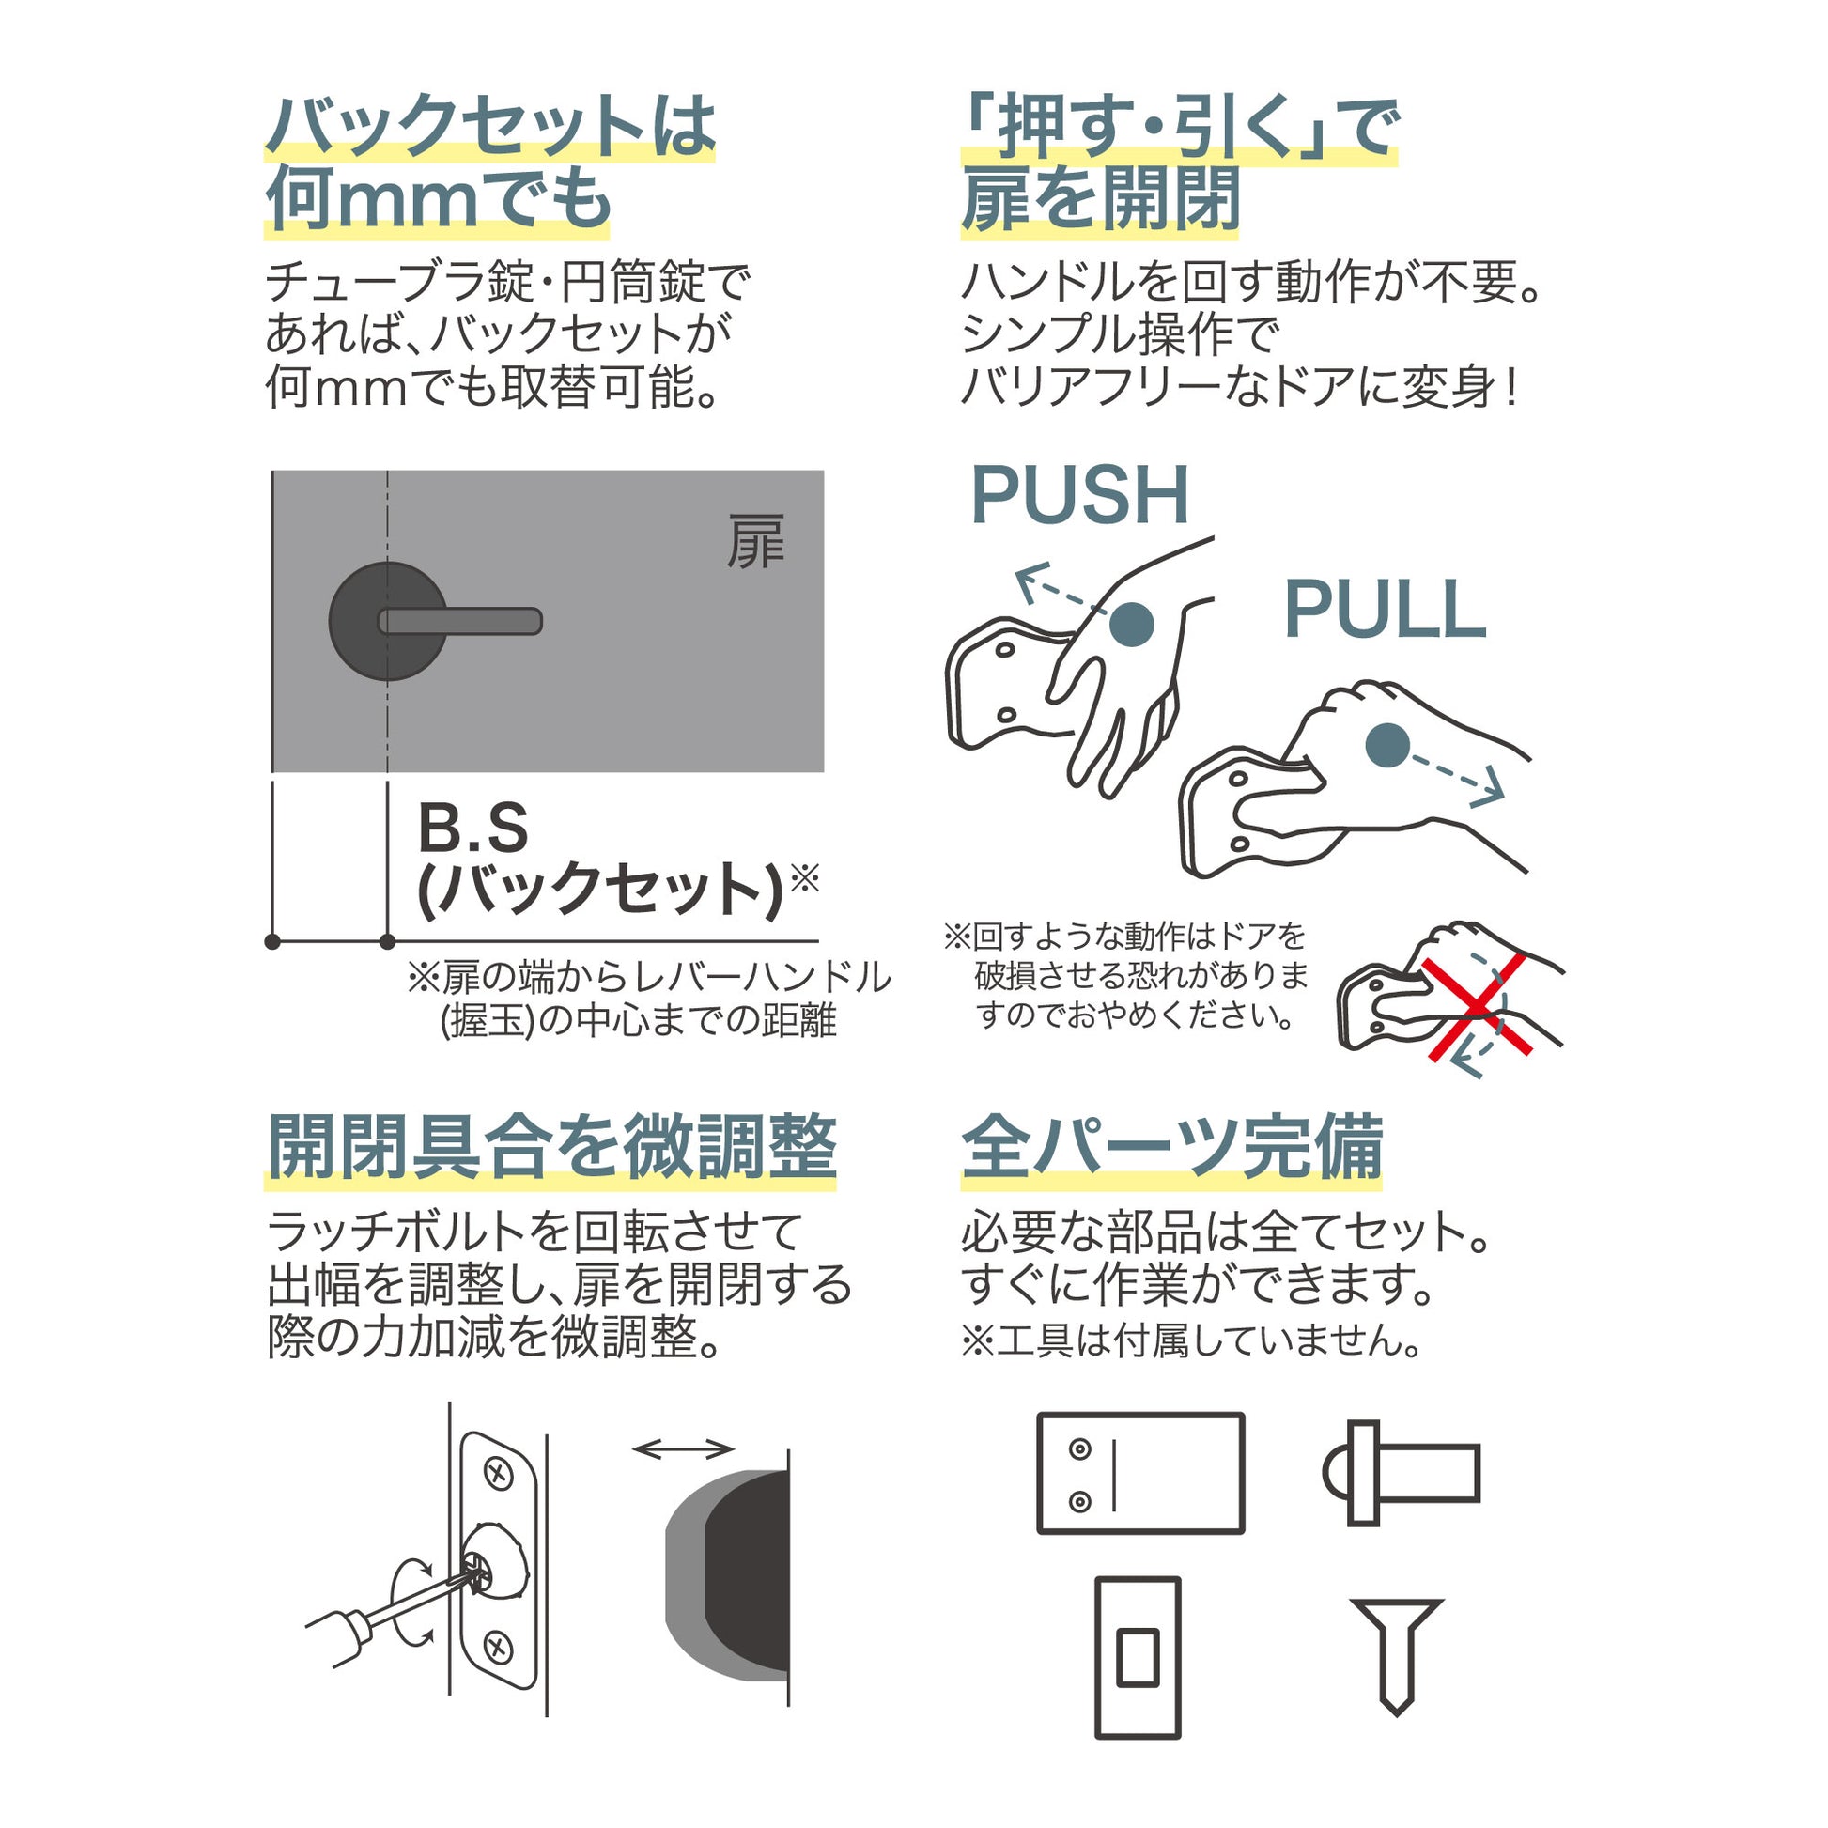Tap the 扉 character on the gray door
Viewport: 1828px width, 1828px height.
pyautogui.click(x=754, y=542)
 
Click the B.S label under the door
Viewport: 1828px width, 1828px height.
pyautogui.click(x=472, y=828)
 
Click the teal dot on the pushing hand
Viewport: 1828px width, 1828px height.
pyautogui.click(x=1131, y=625)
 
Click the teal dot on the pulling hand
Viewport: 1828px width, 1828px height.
pyautogui.click(x=1388, y=745)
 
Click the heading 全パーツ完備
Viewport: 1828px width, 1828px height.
pyautogui.click(x=1171, y=1148)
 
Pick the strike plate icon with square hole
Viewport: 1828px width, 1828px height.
pyautogui.click(x=1138, y=1657)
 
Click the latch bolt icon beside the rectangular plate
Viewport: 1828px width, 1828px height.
pyautogui.click(x=1401, y=1473)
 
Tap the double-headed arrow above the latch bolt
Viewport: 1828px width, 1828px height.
pyautogui.click(x=683, y=1448)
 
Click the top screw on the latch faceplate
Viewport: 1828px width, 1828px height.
pyautogui.click(x=498, y=1472)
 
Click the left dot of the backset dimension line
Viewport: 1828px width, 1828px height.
pyautogui.click(x=272, y=941)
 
